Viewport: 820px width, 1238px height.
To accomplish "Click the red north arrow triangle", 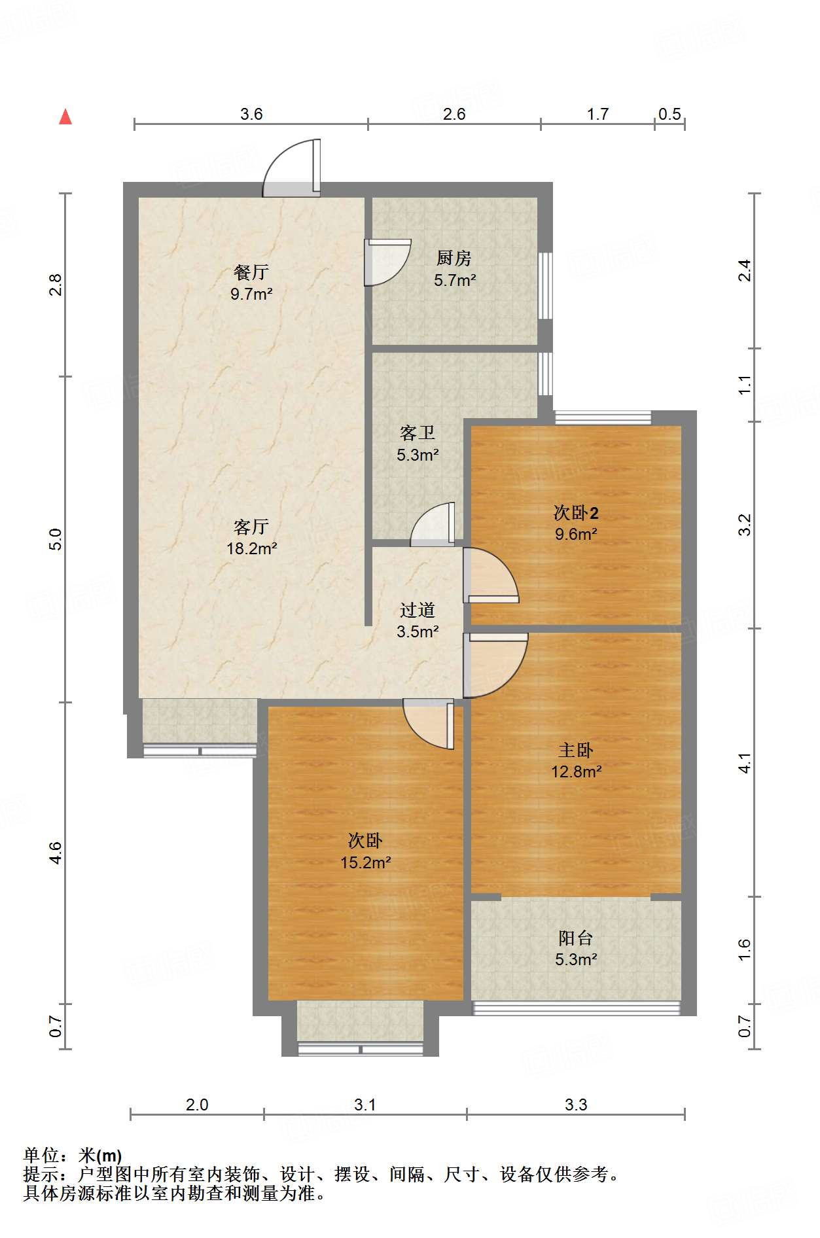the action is [x=65, y=116].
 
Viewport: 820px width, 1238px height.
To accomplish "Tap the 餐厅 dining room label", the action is [x=251, y=272].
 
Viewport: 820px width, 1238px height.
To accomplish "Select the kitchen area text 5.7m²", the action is [x=455, y=280].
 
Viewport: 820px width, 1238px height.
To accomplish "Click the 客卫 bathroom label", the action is [x=418, y=433].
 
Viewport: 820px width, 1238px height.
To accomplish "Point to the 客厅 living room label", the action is [x=251, y=527].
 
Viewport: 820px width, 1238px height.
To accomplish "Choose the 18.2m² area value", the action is [x=252, y=548].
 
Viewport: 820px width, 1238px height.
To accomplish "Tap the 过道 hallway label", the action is [x=418, y=610].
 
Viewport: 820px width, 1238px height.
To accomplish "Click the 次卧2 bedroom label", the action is [x=576, y=512].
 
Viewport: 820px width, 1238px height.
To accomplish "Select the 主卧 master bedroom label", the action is [x=576, y=750].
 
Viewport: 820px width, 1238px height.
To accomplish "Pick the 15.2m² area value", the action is [x=366, y=862].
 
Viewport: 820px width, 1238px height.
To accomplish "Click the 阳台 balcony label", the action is [x=576, y=938].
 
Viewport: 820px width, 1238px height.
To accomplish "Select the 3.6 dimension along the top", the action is [x=251, y=114].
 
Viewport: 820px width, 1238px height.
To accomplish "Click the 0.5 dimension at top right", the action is [x=669, y=114].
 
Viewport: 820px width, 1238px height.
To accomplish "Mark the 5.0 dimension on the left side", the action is [x=56, y=539].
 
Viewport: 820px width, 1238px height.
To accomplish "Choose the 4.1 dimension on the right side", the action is [x=745, y=762].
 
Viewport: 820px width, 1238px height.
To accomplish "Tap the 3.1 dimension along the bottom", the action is [x=365, y=1105].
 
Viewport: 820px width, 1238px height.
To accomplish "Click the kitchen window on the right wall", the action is [x=545, y=286].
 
